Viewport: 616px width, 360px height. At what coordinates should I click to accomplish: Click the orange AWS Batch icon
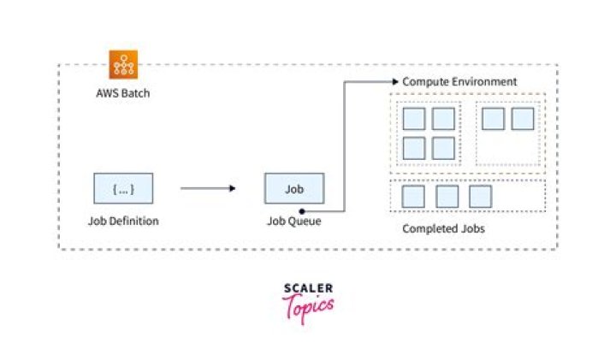pyautogui.click(x=123, y=65)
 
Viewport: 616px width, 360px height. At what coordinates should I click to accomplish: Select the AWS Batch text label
pyautogui.click(x=122, y=92)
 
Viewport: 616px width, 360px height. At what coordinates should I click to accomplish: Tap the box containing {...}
pyautogui.click(x=123, y=188)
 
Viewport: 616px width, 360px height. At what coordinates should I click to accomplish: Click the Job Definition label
pyautogui.click(x=123, y=221)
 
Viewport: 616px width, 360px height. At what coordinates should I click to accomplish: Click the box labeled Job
pyautogui.click(x=293, y=188)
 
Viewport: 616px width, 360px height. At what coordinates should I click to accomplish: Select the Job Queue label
pyautogui.click(x=293, y=221)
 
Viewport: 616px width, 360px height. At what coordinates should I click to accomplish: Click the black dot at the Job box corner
pyautogui.click(x=302, y=209)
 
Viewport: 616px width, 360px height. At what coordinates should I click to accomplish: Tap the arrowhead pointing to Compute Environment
pyautogui.click(x=394, y=81)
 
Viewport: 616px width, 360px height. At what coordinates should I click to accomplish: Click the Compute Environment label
pyautogui.click(x=459, y=81)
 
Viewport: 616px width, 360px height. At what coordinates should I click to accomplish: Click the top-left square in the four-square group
pyautogui.click(x=414, y=119)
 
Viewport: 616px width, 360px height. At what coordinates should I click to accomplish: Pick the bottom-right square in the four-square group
pyautogui.click(x=443, y=148)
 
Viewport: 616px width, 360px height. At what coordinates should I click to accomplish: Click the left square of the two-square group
pyautogui.click(x=493, y=119)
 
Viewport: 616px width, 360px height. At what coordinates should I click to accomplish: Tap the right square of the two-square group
pyautogui.click(x=522, y=119)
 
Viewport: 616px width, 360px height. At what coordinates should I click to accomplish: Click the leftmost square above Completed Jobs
pyautogui.click(x=414, y=196)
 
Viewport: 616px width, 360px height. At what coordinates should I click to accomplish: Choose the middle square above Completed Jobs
pyautogui.click(x=447, y=196)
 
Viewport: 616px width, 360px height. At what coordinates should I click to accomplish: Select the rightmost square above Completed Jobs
pyautogui.click(x=480, y=196)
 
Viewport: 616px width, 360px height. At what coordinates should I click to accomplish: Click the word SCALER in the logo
pyautogui.click(x=308, y=288)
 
